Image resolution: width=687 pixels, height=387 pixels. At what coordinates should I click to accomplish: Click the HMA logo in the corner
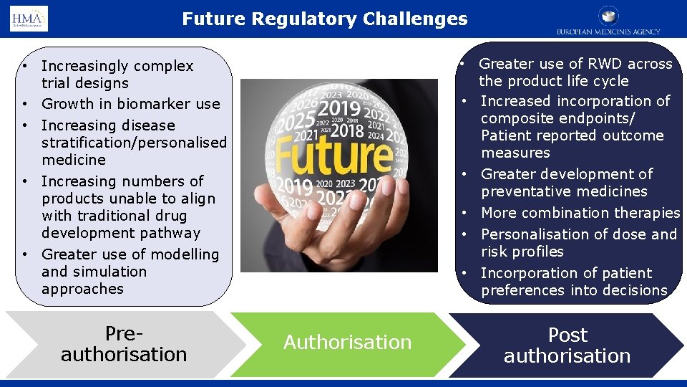pyautogui.click(x=29, y=19)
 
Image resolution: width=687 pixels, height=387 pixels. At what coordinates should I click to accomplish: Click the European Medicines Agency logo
pyautogui.click(x=608, y=21)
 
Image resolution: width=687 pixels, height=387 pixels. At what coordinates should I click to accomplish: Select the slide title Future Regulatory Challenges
pyautogui.click(x=324, y=19)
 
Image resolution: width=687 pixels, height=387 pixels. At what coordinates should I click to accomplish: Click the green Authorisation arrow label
pyautogui.click(x=347, y=343)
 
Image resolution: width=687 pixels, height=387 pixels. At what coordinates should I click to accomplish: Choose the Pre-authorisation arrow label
pyautogui.click(x=124, y=345)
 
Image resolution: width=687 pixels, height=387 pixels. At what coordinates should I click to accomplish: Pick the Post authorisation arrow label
pyautogui.click(x=567, y=345)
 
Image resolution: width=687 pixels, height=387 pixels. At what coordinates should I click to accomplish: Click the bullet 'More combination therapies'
pyautogui.click(x=580, y=213)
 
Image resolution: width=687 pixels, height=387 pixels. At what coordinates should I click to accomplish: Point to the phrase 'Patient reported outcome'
pyautogui.click(x=572, y=135)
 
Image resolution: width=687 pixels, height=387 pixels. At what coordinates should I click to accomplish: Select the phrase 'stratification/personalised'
pyautogui.click(x=134, y=143)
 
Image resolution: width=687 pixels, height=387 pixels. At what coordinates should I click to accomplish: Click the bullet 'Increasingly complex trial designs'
pyautogui.click(x=117, y=75)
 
